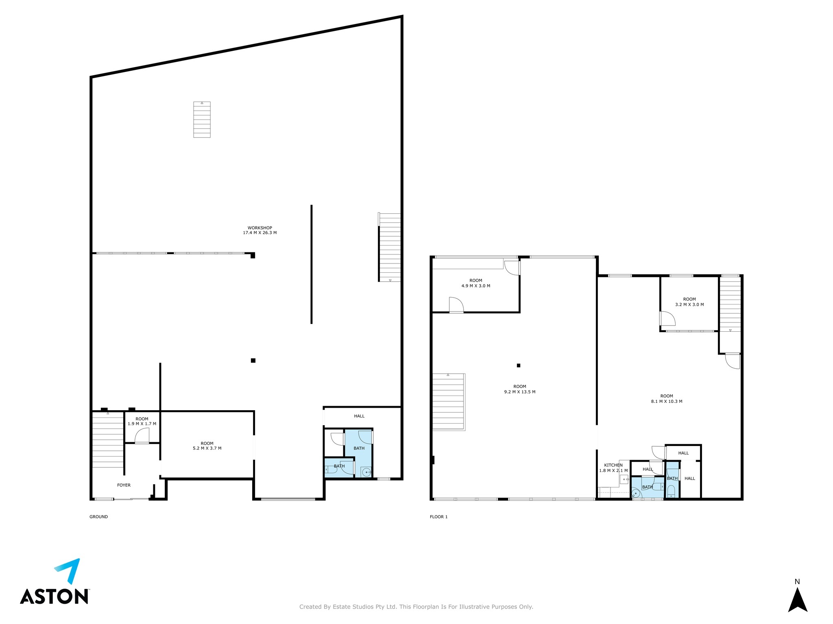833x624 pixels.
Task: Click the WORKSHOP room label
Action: pyautogui.click(x=259, y=228)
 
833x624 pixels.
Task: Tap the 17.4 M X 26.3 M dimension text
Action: pyautogui.click(x=259, y=233)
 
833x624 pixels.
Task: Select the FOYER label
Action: pyautogui.click(x=124, y=485)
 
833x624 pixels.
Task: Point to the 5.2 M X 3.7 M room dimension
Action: pyautogui.click(x=207, y=448)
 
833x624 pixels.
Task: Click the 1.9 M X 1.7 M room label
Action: pyautogui.click(x=142, y=424)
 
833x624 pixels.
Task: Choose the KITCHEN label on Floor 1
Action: pyautogui.click(x=613, y=465)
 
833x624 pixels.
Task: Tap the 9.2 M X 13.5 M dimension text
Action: pyautogui.click(x=520, y=392)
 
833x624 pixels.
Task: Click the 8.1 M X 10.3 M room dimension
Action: pyautogui.click(x=667, y=401)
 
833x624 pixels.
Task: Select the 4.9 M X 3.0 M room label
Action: pyautogui.click(x=476, y=286)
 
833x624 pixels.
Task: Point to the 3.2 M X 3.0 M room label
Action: pyautogui.click(x=689, y=304)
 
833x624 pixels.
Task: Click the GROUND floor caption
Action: pyautogui.click(x=98, y=517)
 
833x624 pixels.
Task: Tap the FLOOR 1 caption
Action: pyautogui.click(x=438, y=517)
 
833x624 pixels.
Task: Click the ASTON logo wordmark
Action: pyautogui.click(x=55, y=596)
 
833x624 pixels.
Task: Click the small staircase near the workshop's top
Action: pyautogui.click(x=202, y=120)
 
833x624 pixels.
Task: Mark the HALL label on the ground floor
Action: pyautogui.click(x=359, y=416)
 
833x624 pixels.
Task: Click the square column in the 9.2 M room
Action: pyautogui.click(x=519, y=365)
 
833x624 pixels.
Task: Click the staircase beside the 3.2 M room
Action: pyautogui.click(x=730, y=304)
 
